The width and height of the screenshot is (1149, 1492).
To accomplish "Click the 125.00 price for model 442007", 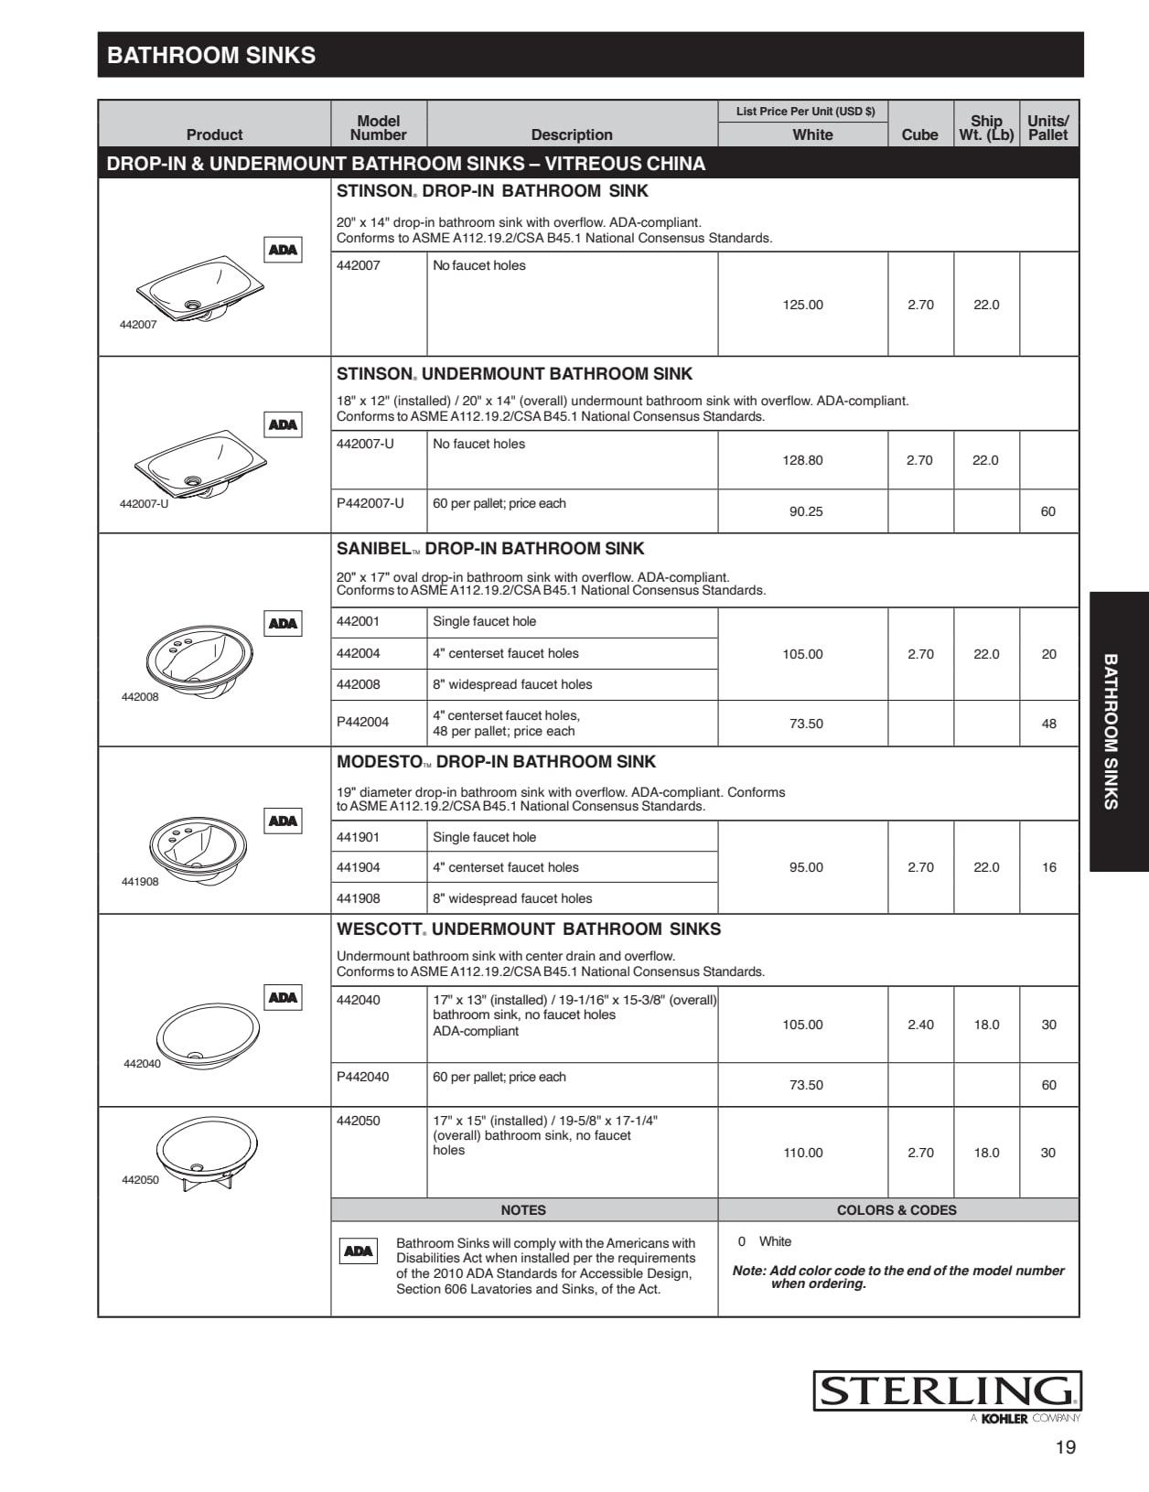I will pos(802,305).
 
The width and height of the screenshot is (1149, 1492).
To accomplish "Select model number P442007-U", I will pos(370,503).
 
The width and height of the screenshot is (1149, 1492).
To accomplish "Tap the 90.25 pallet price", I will pos(805,511).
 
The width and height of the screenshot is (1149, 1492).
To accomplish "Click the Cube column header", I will pos(919,134).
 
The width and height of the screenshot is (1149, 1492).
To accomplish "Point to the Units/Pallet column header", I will pos(1047,127).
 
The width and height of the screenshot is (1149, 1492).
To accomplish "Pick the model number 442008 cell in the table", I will pos(358,684).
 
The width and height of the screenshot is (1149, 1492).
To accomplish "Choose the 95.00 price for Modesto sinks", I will pos(805,867).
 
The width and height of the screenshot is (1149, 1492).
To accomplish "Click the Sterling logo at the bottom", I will pos(947,1391).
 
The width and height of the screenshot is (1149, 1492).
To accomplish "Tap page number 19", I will pos(1065,1447).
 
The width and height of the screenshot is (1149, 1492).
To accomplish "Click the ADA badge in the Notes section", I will pos(358,1250).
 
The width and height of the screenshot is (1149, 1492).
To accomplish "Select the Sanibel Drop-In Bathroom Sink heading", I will pos(490,549).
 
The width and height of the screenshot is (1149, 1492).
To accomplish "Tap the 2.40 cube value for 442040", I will pos(920,1025).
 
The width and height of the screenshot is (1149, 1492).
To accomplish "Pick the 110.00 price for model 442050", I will pos(802,1153).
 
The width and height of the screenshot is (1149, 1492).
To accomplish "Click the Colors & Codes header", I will pos(897,1210).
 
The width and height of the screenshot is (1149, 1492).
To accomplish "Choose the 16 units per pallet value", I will pos(1048,867).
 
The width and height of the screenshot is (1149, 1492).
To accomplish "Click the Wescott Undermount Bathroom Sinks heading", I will pos(529,929).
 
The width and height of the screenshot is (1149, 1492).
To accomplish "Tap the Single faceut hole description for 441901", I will pos(484,837).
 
